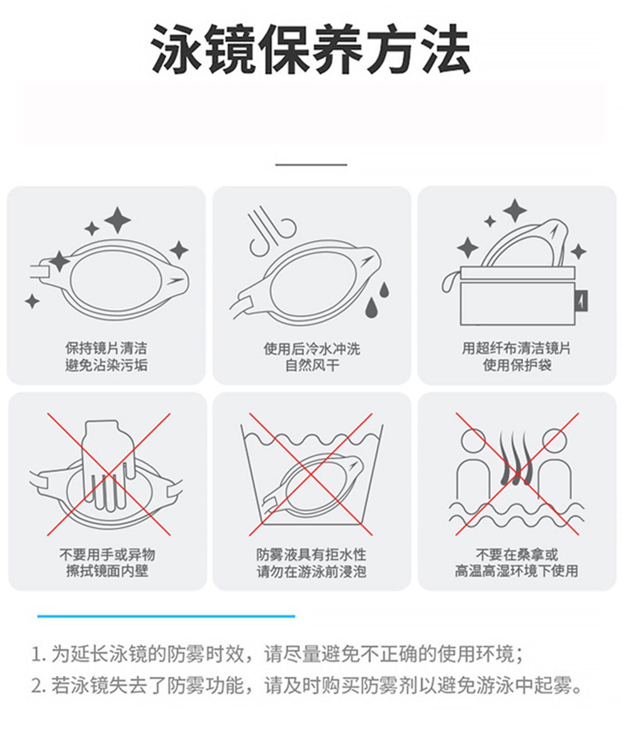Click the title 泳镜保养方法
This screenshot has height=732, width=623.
(311, 50)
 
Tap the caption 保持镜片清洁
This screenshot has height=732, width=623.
(106, 348)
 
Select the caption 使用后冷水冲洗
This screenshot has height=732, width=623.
(311, 348)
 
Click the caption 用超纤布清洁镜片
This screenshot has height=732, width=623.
(516, 348)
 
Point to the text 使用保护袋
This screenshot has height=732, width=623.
(517, 364)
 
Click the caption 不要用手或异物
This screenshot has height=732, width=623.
(107, 554)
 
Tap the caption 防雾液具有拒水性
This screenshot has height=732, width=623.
(311, 554)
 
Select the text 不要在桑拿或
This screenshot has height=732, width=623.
(517, 554)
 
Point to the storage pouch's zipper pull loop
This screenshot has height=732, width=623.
(450, 283)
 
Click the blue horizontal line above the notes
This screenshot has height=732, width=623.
(166, 616)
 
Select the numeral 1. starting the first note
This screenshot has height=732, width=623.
(39, 655)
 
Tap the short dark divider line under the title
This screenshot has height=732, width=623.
(311, 164)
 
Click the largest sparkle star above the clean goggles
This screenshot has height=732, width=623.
(118, 220)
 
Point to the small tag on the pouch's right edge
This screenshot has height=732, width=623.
(582, 300)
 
